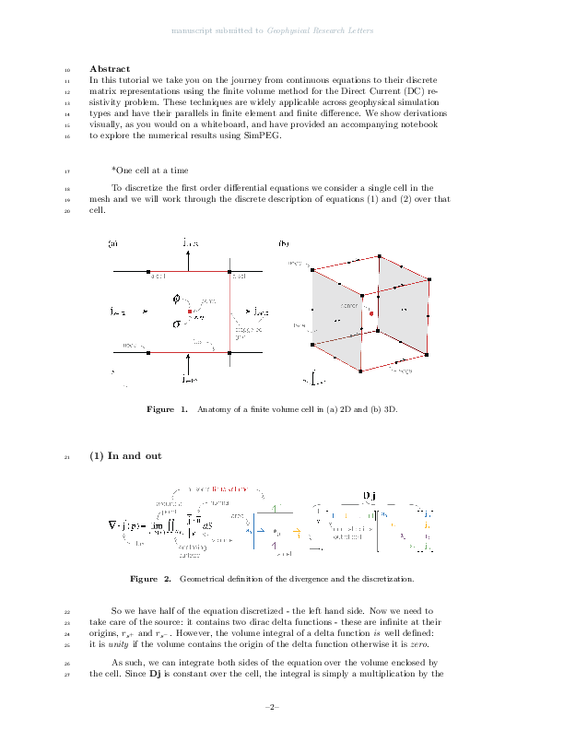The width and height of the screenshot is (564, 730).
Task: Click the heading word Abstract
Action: (110, 69)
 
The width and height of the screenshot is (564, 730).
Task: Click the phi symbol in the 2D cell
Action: (178, 300)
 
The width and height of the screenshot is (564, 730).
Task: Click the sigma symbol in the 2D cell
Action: (177, 324)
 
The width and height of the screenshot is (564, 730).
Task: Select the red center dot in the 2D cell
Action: (190, 313)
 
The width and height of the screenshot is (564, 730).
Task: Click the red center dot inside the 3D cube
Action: (370, 314)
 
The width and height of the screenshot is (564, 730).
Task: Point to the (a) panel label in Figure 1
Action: (112, 243)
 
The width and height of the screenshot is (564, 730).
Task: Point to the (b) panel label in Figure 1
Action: (284, 243)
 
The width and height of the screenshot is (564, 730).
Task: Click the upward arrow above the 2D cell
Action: (189, 260)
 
